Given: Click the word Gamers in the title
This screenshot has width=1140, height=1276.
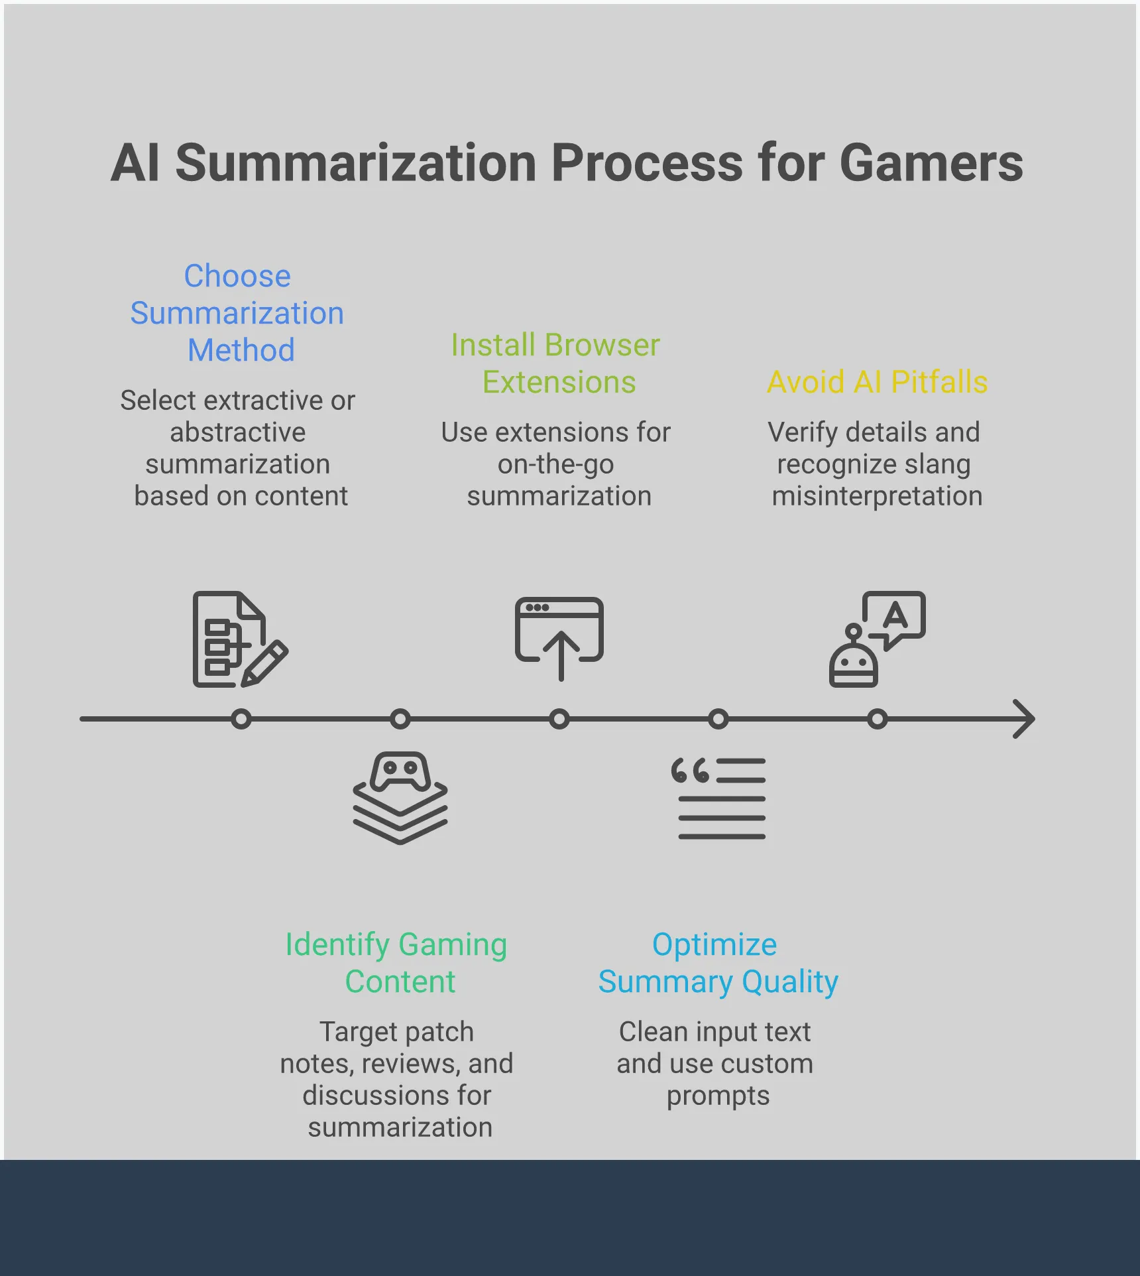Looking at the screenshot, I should pyautogui.click(x=931, y=164).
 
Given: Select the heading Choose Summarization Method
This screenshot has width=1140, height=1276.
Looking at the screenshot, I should pyautogui.click(x=237, y=313).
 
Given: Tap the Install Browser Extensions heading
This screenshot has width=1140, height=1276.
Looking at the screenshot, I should pyautogui.click(x=556, y=363).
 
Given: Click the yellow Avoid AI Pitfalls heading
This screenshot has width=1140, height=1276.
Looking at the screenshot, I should pyautogui.click(x=877, y=382).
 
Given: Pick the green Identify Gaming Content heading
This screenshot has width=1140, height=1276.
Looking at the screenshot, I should pyautogui.click(x=397, y=962).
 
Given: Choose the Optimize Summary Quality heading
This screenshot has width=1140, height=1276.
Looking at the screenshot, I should pyautogui.click(x=718, y=962).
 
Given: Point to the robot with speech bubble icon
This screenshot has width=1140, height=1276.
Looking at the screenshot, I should pyautogui.click(x=876, y=639).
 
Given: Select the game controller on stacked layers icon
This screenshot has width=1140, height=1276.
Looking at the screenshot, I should pyautogui.click(x=400, y=798).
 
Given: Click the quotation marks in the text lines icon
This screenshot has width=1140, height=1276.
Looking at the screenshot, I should pyautogui.click(x=690, y=771).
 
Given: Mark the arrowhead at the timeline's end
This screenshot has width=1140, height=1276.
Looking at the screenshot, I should pyautogui.click(x=1024, y=719).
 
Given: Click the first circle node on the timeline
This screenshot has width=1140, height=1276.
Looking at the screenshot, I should pyautogui.click(x=241, y=719).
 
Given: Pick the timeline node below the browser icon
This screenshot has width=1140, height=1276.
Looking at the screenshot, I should pyautogui.click(x=559, y=719).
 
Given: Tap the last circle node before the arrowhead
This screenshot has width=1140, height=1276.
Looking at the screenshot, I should pyautogui.click(x=877, y=719).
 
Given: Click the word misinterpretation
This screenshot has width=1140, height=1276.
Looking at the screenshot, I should pyautogui.click(x=877, y=496).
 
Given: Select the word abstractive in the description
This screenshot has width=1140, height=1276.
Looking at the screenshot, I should pyautogui.click(x=237, y=432).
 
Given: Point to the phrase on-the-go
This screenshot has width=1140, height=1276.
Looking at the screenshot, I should pyautogui.click(x=555, y=464).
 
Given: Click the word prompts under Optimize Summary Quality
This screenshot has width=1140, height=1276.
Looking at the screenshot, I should pyautogui.click(x=718, y=1096).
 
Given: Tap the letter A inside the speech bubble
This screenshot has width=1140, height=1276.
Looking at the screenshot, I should pyautogui.click(x=895, y=615).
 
